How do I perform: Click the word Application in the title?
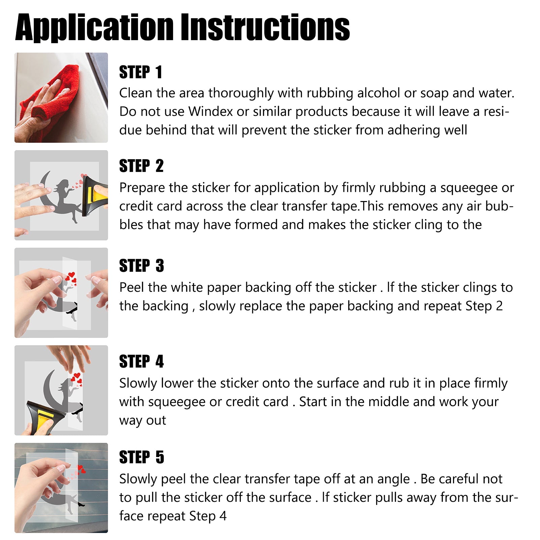(x=94, y=28)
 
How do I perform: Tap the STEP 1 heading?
(x=141, y=72)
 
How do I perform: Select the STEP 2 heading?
(x=141, y=166)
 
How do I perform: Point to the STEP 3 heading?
(x=142, y=265)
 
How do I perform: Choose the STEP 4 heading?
(x=141, y=361)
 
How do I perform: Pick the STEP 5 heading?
(x=142, y=457)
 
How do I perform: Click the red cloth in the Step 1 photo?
(x=54, y=101)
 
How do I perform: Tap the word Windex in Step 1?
(x=211, y=111)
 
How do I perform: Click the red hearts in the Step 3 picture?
(x=71, y=279)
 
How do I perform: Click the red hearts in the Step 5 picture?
(x=81, y=469)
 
